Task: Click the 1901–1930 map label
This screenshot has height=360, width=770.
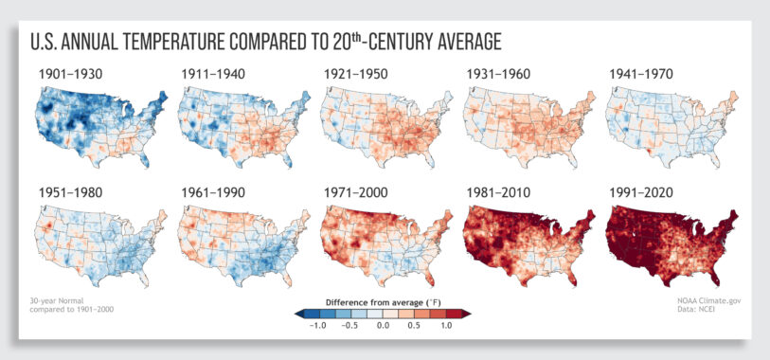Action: [72, 73]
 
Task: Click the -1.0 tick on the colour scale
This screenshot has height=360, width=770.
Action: [318, 325]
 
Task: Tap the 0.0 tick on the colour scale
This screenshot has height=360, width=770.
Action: [384, 325]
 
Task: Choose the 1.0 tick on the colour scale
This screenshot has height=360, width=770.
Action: [445, 325]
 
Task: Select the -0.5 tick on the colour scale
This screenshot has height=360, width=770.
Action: [350, 325]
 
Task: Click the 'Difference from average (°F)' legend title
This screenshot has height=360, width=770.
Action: [383, 302]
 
